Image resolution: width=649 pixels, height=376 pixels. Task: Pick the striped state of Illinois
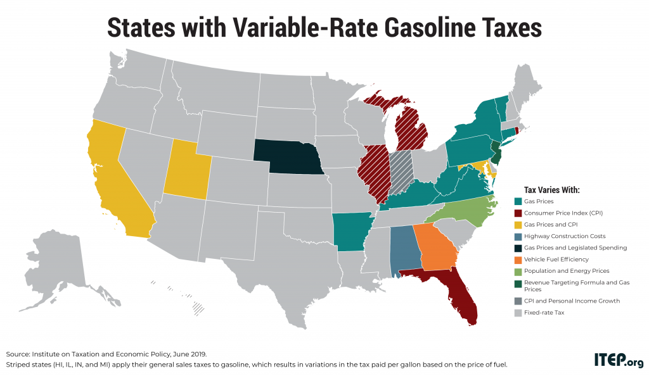pyautogui.click(x=373, y=174)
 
